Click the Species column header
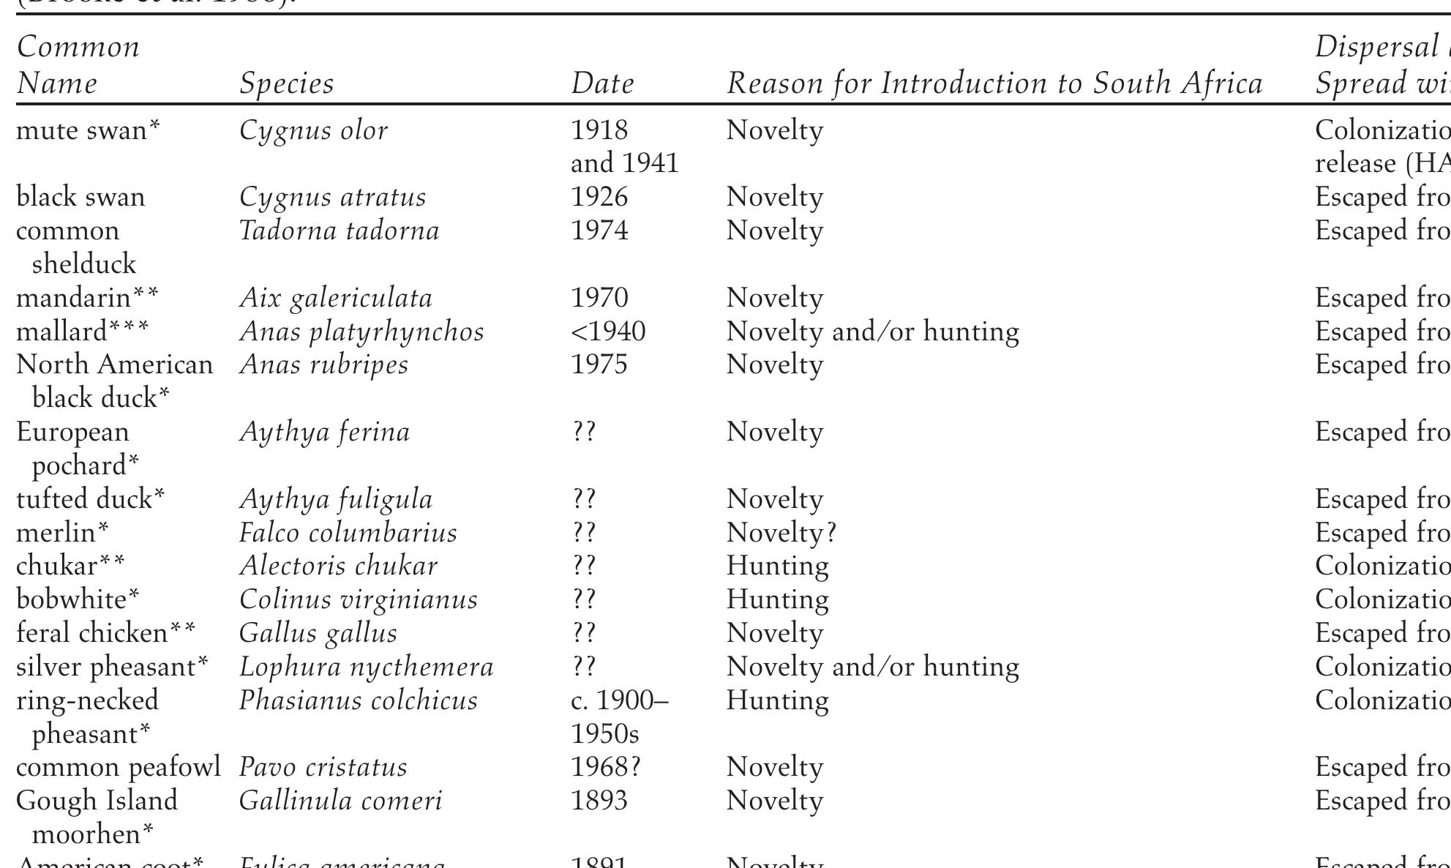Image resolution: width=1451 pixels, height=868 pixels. [286, 83]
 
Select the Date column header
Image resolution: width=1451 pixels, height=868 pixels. [602, 83]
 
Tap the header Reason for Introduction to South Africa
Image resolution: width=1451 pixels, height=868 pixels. [994, 83]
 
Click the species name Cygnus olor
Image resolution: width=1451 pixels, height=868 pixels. [313, 130]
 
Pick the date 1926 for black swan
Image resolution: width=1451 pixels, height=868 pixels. [599, 197]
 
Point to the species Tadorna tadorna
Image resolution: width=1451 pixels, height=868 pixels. [339, 231]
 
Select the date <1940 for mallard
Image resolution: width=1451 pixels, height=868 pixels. [608, 332]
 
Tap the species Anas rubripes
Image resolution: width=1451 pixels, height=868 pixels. [323, 364]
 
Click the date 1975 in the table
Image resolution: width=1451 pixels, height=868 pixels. [599, 364]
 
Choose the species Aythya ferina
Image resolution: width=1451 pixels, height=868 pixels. [324, 432]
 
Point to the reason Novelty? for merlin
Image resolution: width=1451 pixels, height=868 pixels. [781, 533]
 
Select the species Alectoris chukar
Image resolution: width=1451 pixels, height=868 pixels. [338, 566]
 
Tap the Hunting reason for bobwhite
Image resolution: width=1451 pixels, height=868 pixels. [777, 599]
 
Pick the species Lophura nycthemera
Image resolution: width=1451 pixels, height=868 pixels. [366, 667]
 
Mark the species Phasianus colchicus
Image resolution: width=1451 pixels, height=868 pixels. [358, 700]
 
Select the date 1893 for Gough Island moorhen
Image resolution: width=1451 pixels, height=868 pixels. [599, 801]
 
